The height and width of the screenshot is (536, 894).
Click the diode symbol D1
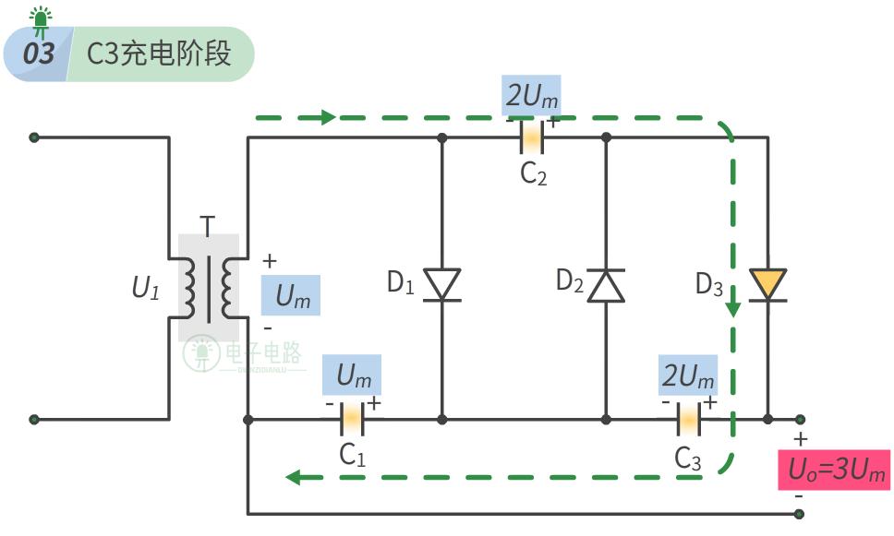pos(441,284)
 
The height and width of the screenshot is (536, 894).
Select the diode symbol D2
pos(607,285)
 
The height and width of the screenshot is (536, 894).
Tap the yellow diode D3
pos(767,284)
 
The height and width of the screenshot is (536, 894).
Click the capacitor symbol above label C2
pos(533,137)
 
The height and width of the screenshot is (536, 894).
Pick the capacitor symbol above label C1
pos(351,420)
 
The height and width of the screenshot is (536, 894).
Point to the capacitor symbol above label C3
pos(687,420)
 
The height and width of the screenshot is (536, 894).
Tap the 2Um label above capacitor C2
pos(531,95)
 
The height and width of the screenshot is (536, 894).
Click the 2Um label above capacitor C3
pos(688,375)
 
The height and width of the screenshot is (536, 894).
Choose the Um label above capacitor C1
pos(352,375)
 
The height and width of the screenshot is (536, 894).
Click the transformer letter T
pos(208,226)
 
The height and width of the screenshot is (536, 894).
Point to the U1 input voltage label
pos(146,288)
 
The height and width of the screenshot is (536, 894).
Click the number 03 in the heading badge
pos(39,54)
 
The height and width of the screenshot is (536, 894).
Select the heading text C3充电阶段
pos(158,54)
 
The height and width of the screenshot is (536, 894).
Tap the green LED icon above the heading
pos(41,18)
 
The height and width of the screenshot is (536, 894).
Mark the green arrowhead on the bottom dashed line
pos(293,477)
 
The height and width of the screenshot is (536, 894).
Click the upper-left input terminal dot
pos(34,137)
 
